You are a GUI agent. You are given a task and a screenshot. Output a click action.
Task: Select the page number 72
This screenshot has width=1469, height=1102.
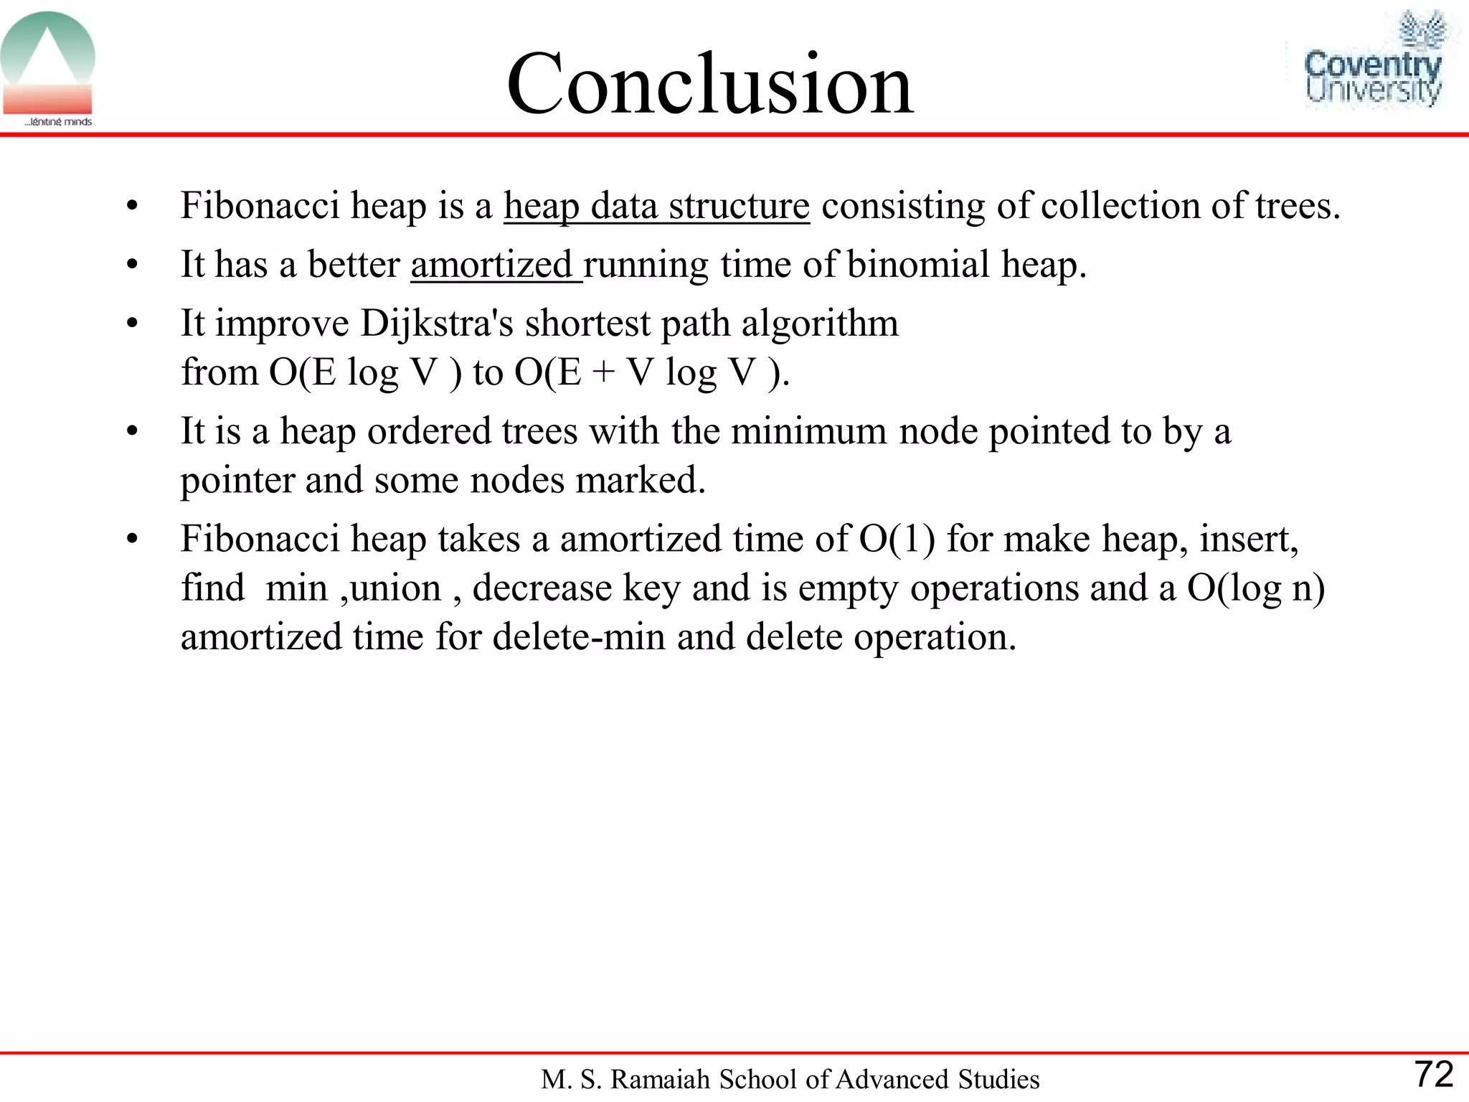click(1433, 1074)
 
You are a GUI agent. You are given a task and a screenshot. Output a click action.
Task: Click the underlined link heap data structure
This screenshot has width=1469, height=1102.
click(656, 206)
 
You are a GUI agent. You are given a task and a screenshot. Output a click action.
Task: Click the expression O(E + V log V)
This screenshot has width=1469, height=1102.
click(651, 372)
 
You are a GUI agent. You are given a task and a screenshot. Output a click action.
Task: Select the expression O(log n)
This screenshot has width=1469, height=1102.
click(1255, 588)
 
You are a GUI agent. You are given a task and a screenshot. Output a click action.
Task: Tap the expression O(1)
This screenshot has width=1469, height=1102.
click(897, 539)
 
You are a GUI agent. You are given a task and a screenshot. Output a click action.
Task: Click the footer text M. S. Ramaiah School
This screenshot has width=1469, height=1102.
click(789, 1079)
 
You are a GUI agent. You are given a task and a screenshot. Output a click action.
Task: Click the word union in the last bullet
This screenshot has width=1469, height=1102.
click(395, 588)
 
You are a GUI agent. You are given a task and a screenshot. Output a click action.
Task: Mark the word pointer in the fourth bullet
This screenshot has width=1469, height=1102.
click(237, 480)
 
